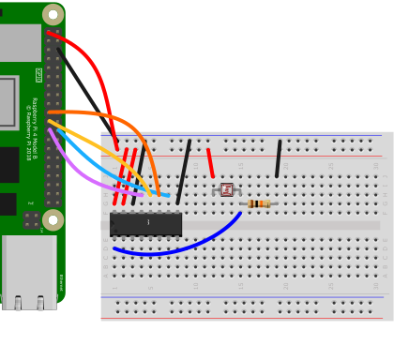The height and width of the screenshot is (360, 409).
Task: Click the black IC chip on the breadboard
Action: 145,223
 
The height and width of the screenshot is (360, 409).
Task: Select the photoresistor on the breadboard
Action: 226,189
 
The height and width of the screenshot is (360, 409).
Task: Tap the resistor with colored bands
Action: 258,203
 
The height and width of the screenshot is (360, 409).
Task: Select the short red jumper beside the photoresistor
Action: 210,162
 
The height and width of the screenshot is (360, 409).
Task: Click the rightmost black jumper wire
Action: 278,158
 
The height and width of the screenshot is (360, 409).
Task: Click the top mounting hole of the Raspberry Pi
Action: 53,14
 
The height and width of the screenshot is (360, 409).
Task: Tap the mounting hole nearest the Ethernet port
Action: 53,220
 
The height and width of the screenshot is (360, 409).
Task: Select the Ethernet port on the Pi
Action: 28,272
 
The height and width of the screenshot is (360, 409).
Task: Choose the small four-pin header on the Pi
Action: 31,220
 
